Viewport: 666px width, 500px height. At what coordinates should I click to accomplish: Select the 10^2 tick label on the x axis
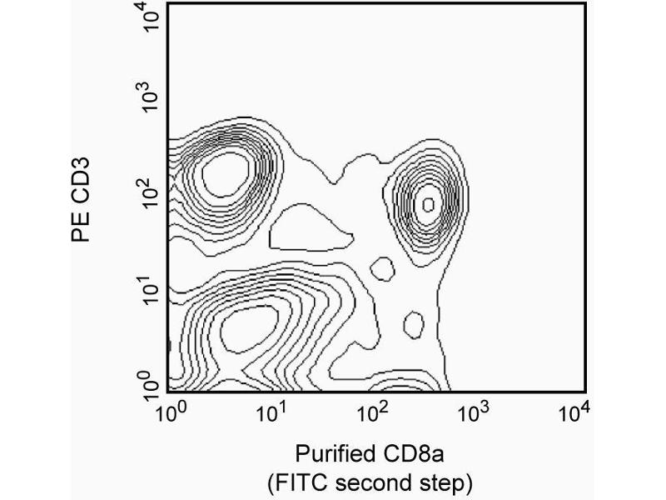click(x=371, y=411)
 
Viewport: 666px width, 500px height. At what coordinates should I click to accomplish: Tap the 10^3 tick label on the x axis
click(x=472, y=411)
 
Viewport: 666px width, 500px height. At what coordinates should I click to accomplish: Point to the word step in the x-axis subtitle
click(x=450, y=482)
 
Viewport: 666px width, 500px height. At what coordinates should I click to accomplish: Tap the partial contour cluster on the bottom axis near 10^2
click(x=409, y=385)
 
